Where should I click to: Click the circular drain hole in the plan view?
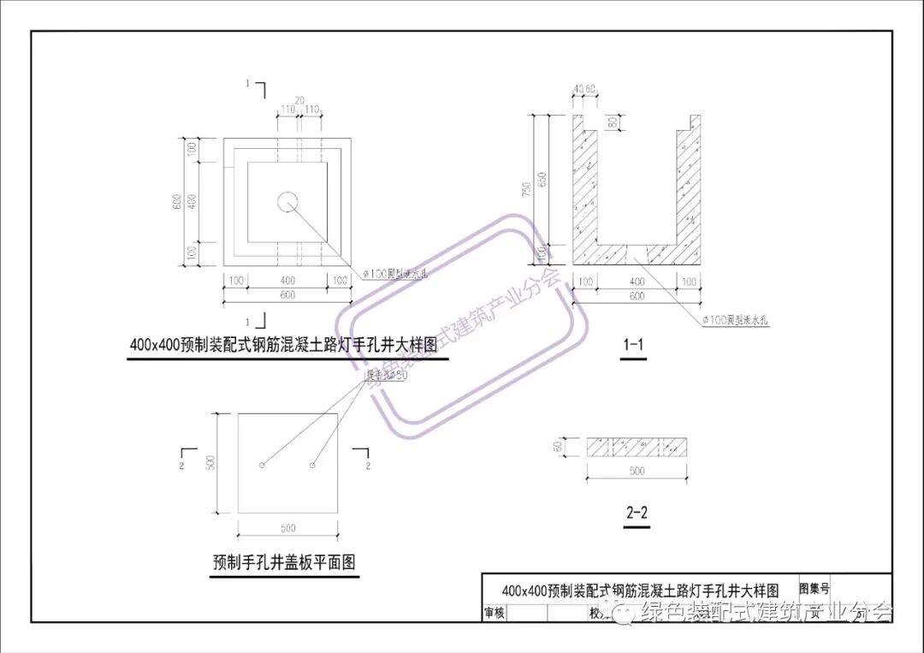click(x=287, y=202)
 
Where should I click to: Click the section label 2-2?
click(x=637, y=514)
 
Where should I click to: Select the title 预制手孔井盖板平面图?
click(x=284, y=563)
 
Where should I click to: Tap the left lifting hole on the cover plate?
click(x=262, y=466)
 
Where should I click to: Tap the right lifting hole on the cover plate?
click(x=313, y=466)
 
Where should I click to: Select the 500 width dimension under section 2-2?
click(x=637, y=472)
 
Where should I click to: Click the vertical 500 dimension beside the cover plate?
click(x=222, y=462)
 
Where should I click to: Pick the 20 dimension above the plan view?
click(x=299, y=99)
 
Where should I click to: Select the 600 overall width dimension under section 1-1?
click(x=636, y=296)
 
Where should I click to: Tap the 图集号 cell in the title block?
click(x=814, y=589)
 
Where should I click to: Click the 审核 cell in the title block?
click(x=494, y=613)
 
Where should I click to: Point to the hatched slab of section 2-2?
click(x=637, y=447)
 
